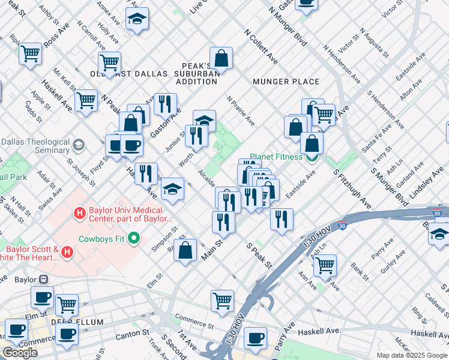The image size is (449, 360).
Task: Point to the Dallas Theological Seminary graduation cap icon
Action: coord(79,145)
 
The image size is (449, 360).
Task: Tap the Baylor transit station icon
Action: coord(43,280)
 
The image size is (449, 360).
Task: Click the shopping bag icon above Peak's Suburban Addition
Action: coord(221,58)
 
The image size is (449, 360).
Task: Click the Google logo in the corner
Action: coord(20,353)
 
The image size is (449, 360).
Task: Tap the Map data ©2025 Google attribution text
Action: coord(411,355)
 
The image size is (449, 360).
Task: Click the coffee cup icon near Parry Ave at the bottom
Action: coord(256,338)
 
